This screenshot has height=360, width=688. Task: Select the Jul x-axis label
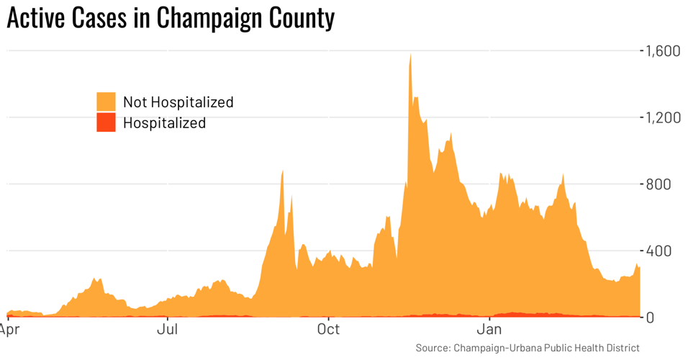point(168,330)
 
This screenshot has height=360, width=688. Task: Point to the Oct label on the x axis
point(328,330)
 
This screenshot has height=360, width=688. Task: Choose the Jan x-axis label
point(489,330)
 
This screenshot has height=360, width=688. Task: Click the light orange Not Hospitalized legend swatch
point(106,102)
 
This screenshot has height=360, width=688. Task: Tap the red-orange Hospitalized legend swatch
point(106,122)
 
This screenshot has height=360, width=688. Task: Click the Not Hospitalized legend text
point(178,102)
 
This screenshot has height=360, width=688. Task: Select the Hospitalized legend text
point(164,122)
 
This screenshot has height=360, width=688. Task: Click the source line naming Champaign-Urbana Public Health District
point(527,348)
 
